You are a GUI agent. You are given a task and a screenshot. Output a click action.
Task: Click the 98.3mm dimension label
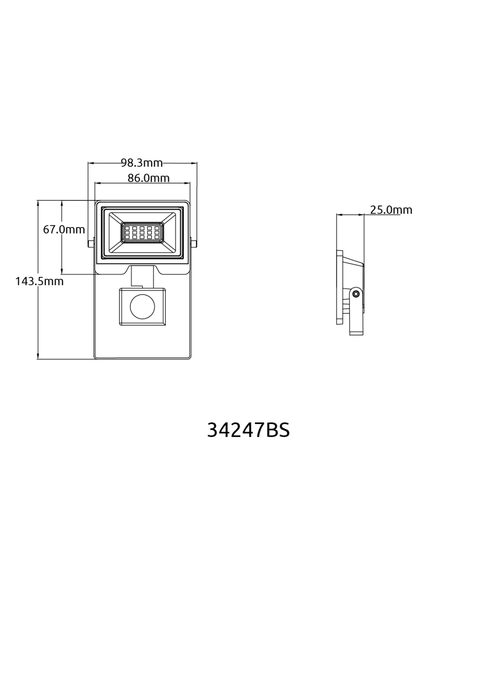[142, 163]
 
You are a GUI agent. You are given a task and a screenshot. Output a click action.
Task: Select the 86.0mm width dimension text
[149, 178]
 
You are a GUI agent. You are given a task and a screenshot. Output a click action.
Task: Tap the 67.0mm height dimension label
[64, 230]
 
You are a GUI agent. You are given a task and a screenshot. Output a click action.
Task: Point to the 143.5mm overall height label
[39, 281]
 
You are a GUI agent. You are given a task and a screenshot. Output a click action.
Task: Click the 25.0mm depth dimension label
[391, 210]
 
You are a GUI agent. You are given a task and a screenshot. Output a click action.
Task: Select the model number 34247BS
[248, 430]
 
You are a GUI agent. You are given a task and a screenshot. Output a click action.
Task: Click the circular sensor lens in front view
[143, 307]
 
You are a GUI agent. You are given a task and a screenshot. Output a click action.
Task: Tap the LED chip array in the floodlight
[142, 233]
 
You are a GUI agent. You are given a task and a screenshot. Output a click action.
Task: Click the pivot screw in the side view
[356, 294]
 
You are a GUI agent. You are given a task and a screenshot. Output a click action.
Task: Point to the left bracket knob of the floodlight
[91, 244]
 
